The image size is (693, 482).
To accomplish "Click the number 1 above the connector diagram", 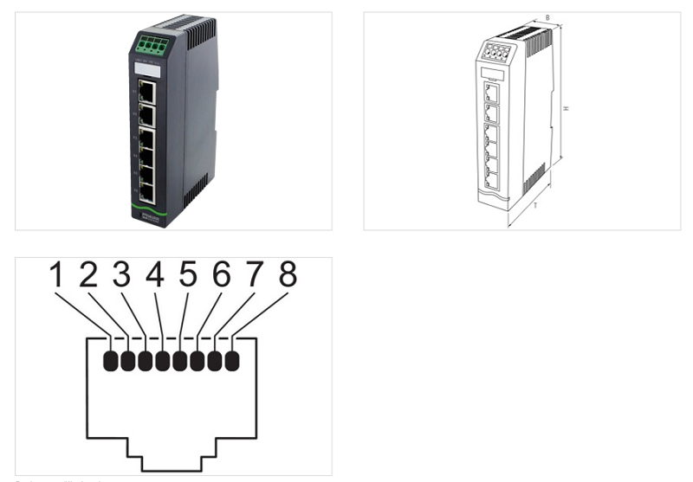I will tap(56, 276).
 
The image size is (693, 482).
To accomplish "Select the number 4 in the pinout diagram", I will tap(154, 276).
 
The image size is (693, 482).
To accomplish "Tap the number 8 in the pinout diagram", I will tap(286, 276).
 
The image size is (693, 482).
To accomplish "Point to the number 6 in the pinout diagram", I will tap(221, 276).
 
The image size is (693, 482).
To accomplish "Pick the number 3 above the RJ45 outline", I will tap(121, 276).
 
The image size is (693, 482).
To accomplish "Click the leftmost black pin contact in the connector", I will tap(111, 360).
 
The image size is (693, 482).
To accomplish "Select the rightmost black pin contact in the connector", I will tap(231, 360).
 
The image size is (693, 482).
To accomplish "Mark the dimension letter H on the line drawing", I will tap(566, 108).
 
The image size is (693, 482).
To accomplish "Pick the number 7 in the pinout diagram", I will tap(253, 276).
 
